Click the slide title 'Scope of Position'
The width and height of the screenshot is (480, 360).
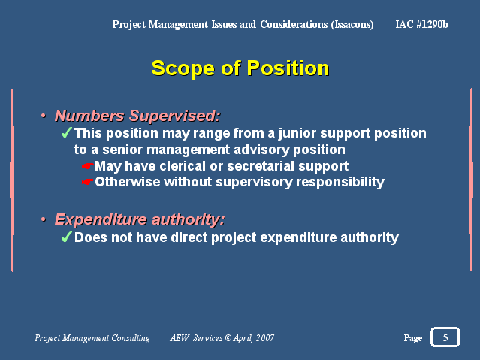coord(240,68)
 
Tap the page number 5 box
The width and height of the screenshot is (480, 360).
coord(445,337)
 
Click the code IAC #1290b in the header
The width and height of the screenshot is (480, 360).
coord(421,24)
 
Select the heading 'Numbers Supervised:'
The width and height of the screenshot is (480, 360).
coord(137,116)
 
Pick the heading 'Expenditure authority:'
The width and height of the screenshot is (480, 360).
coord(140,219)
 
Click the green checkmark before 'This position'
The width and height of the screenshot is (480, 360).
coord(66,133)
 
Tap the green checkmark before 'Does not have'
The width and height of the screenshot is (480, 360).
coord(66,237)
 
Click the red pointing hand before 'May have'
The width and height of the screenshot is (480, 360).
coord(88,166)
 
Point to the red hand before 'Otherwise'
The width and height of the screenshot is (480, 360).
coord(88,182)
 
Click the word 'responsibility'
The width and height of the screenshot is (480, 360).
coord(340,183)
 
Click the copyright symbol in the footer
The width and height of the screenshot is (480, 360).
coord(228,337)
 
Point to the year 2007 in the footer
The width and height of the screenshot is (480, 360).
coord(265,338)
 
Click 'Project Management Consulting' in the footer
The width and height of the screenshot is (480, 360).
coord(92,338)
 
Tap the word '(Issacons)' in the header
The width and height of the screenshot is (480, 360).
coord(352,24)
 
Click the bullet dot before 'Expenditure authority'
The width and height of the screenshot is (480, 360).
coord(44,219)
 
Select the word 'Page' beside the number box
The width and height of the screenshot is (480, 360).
coord(413,338)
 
